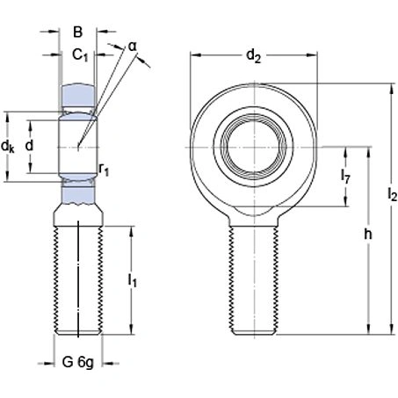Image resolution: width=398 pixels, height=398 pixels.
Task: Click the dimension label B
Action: coord(77,33)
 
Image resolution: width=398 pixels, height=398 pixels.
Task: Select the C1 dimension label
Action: coord(80,56)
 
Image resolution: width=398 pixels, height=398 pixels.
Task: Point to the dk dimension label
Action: coord(8,145)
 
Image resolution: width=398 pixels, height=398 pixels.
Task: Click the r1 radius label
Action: coord(105,169)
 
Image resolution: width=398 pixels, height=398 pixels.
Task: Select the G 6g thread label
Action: coord(78,361)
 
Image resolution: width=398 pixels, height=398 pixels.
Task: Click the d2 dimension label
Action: coord(253,57)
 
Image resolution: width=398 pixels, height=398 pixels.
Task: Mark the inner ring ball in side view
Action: coord(79,143)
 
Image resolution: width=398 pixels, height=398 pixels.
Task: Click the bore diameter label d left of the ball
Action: coord(30,145)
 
